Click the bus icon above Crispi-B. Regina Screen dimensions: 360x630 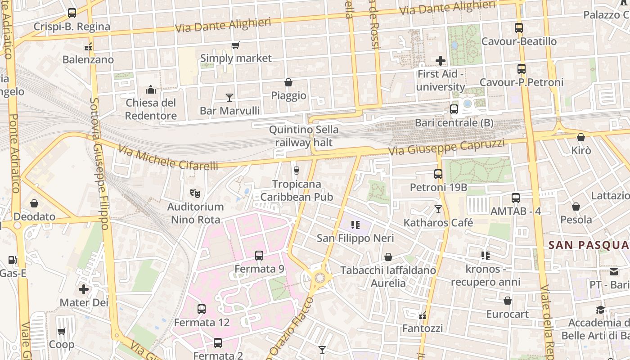72,13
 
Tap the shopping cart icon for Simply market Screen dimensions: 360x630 235,45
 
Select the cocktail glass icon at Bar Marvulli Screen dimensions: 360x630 229,97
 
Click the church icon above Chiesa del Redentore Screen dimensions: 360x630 150,90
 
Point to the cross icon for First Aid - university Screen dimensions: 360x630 441,60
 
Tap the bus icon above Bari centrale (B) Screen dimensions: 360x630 454,109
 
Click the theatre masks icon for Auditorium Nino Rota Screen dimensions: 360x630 195,193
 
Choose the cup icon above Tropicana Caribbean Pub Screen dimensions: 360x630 296,171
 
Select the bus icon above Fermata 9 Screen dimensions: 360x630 259,256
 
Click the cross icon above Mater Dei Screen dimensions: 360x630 84,289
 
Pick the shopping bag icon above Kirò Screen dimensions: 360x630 581,137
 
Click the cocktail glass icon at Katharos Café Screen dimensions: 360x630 438,209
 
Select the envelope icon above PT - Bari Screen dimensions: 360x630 614,271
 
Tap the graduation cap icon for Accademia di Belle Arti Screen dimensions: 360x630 601,310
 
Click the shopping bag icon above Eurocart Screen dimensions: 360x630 508,301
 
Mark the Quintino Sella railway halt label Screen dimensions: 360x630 304,136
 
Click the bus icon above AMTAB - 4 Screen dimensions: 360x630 516,198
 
